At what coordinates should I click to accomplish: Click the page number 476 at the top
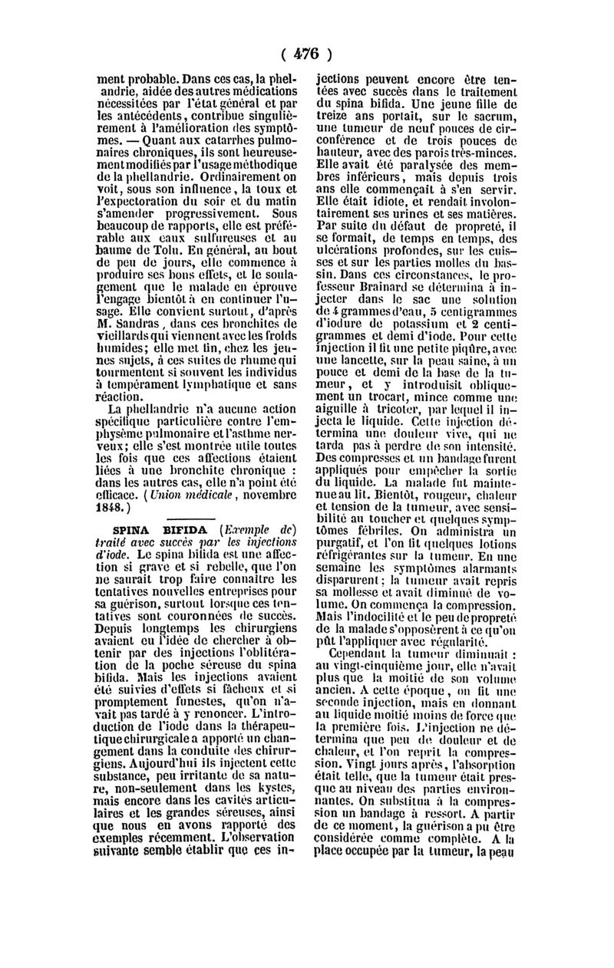[x=306, y=54]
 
